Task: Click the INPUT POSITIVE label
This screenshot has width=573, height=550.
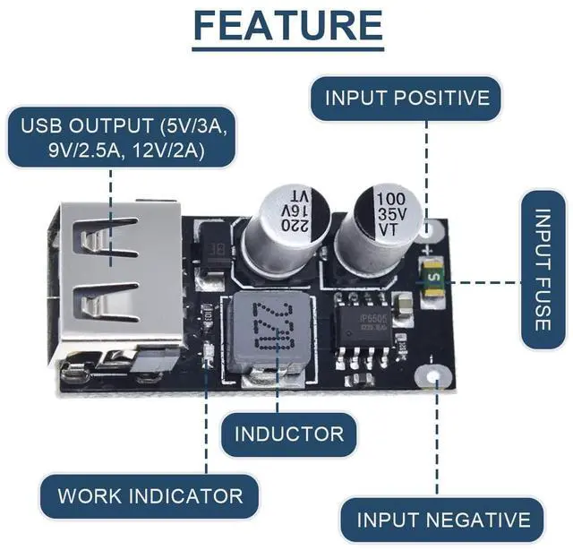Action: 407,98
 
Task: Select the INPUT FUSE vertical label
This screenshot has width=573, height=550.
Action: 543,270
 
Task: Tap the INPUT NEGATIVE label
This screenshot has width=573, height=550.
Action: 443,520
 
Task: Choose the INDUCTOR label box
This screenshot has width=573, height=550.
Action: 288,434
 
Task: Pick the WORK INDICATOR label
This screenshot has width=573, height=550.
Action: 150,495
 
